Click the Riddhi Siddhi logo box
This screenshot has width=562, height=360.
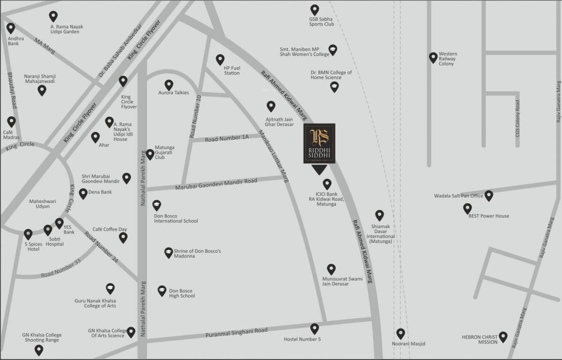pos(319,143)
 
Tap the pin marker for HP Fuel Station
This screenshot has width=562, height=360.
pos(220,60)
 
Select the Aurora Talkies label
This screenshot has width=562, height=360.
pos(174,93)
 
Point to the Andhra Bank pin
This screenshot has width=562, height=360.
pos(11,28)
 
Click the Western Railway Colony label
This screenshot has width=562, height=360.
pos(448,59)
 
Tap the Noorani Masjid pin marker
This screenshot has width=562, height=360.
pos(400,333)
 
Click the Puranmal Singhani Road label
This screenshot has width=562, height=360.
pos(237,333)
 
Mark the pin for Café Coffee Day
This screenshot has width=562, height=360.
pos(123,237)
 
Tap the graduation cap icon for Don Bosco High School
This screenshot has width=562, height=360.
pos(162,291)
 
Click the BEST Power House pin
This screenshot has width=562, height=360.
pos(467,208)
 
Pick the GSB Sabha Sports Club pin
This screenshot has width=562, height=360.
pos(315,9)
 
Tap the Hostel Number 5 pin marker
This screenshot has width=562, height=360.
pos(315,329)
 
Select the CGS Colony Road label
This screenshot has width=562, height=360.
pos(518,118)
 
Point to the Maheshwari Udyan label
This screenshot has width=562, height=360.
pos(43,204)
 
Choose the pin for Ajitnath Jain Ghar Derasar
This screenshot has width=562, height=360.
pos(271,106)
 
